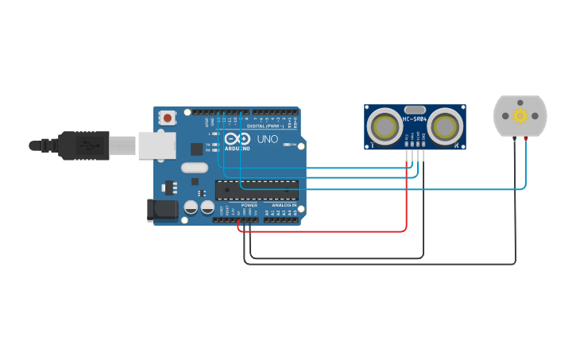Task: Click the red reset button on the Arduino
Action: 168,118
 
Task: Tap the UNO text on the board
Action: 268,139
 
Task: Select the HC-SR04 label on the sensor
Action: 415,119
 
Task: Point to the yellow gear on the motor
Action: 520,116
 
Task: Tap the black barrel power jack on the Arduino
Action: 162,211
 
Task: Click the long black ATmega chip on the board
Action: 257,190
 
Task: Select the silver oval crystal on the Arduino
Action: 194,168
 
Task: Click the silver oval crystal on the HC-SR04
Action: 415,110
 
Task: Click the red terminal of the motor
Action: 526,139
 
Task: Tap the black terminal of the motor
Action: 514,139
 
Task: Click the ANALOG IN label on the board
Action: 282,205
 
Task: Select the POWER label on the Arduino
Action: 249,205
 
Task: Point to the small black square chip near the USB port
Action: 196,148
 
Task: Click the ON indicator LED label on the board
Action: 294,145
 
